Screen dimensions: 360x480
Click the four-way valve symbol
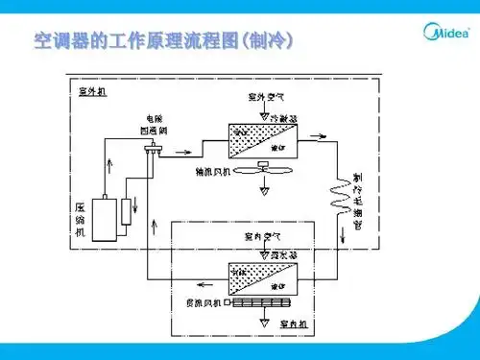click(x=152, y=150)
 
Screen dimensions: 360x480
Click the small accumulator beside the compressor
click(x=126, y=222)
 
